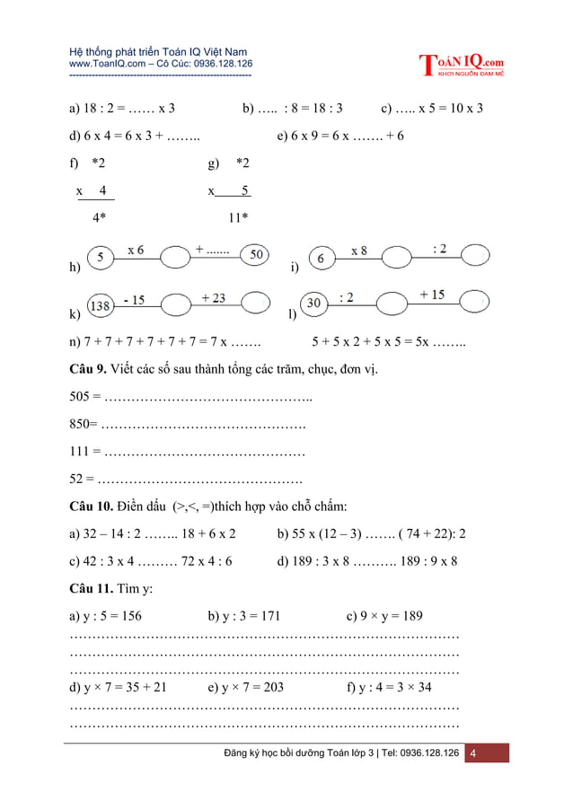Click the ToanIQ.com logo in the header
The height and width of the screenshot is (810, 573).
(462, 65)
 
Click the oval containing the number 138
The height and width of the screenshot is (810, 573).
(101, 306)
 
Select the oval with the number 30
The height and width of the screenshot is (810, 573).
(314, 304)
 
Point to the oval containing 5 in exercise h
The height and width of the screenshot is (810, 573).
(102, 258)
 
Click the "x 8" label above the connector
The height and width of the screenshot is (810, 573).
(358, 251)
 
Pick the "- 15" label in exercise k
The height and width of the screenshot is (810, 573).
(136, 300)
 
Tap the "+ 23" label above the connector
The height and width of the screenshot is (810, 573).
(213, 298)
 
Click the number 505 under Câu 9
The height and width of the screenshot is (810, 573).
(80, 397)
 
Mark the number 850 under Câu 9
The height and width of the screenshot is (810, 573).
(80, 424)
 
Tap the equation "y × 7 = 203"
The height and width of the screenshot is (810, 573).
(245, 688)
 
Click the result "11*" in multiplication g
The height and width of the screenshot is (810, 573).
(238, 217)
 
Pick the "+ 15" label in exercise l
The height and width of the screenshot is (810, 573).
(432, 295)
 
